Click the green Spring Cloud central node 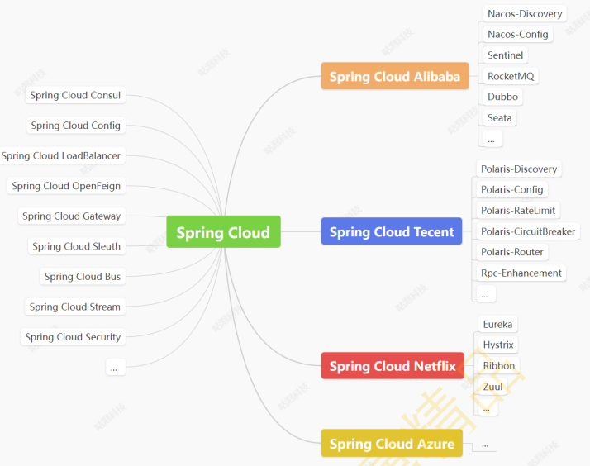(223, 232)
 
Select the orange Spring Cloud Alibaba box (394, 77)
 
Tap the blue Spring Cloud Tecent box (392, 232)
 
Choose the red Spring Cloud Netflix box (393, 366)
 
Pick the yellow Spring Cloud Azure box (392, 444)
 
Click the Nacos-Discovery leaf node (525, 14)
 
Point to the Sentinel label (505, 55)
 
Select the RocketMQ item (511, 76)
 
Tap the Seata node (499, 117)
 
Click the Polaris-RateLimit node (518, 211)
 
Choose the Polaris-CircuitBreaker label (528, 231)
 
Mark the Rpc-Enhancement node (521, 273)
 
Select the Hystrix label (498, 345)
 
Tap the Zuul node (492, 387)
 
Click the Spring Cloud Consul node (75, 95)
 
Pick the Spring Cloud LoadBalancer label (61, 155)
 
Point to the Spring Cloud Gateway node (71, 216)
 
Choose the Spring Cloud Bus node (83, 277)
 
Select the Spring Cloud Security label (73, 337)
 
